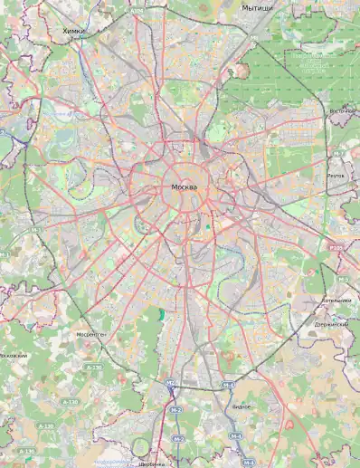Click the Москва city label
(x=184, y=186)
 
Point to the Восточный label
(x=342, y=111)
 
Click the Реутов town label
(x=336, y=177)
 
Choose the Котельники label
(x=336, y=301)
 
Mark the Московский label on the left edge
(x=13, y=356)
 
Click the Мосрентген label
(x=90, y=335)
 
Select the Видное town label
(x=242, y=406)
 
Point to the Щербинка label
(x=152, y=463)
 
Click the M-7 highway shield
(x=336, y=154)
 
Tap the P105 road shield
(x=336, y=246)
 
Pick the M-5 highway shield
(x=342, y=280)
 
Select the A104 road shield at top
(x=137, y=12)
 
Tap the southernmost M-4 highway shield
(x=235, y=436)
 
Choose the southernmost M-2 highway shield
(x=178, y=439)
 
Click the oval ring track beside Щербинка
(x=140, y=446)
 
